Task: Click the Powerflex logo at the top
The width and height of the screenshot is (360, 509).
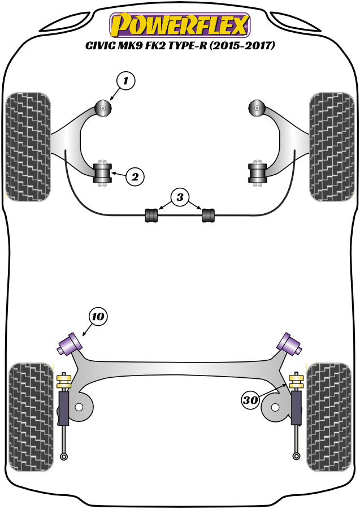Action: [179, 25]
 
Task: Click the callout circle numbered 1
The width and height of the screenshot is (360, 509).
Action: [126, 81]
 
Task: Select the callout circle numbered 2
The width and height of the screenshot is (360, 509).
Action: [135, 177]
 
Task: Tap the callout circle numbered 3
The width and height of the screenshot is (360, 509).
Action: [180, 197]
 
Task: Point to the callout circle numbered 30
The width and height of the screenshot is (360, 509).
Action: [250, 400]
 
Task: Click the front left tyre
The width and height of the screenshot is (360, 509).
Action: [28, 146]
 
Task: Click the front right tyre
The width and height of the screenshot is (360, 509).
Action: [332, 146]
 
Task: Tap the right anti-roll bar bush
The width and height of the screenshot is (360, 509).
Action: [209, 215]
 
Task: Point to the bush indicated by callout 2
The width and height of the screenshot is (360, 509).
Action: [102, 172]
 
